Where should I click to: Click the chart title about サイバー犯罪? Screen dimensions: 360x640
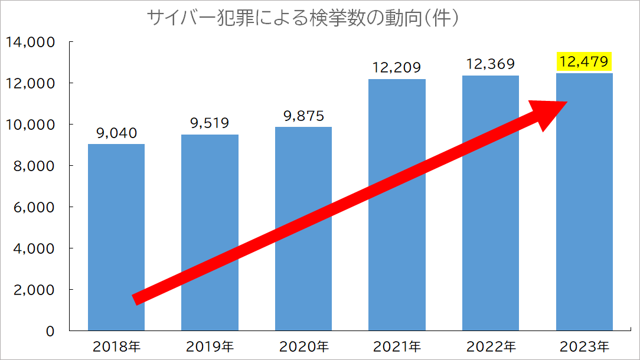tap(303, 18)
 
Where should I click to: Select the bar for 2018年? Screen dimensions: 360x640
tap(116, 236)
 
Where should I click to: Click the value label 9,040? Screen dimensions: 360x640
tap(116, 133)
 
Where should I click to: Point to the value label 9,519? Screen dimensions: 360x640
tap(210, 123)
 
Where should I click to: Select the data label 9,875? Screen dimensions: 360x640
tap(303, 116)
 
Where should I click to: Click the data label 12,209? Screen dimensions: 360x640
tap(397, 68)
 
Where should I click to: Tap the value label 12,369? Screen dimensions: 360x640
tap(490, 64)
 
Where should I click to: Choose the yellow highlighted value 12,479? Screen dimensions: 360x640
tap(584, 61)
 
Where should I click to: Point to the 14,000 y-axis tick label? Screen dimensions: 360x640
tap(30, 42)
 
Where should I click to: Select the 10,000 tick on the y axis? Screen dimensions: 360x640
tap(30, 125)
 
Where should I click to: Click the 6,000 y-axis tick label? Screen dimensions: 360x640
tap(34, 207)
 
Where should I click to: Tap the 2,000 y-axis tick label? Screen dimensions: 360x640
tap(34, 290)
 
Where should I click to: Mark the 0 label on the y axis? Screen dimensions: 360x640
tap(50, 331)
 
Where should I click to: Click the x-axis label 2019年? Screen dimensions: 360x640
tap(210, 346)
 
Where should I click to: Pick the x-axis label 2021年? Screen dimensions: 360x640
tap(397, 346)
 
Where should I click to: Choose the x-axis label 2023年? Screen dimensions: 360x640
tap(584, 346)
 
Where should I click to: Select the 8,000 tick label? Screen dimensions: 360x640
tap(34, 166)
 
